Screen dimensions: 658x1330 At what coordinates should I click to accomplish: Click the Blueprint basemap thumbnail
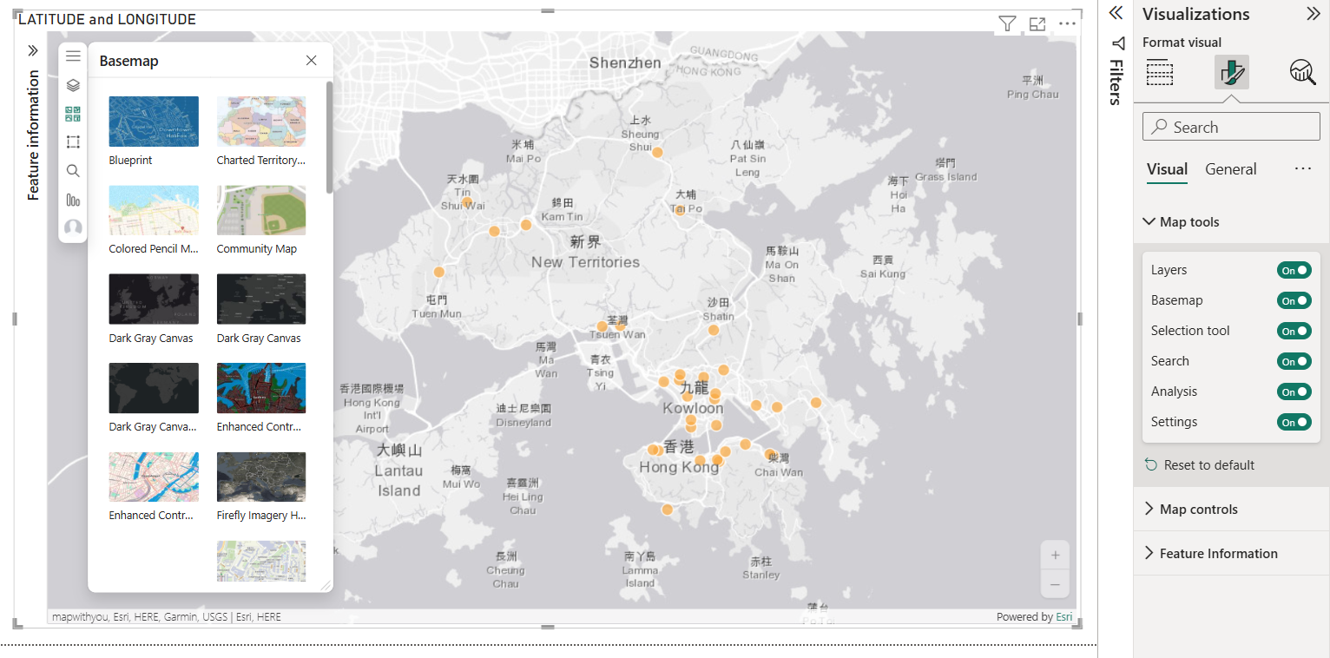[154, 122]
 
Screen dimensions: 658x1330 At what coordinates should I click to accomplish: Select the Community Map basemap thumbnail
[261, 210]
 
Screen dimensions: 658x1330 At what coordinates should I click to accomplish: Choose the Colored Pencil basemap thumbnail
[154, 210]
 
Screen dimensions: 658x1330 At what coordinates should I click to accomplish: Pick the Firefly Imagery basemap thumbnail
[261, 477]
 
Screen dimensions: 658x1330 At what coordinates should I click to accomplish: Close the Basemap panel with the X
[312, 61]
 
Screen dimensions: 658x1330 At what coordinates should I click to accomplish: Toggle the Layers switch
[1294, 270]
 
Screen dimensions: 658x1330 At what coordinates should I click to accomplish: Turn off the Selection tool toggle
[1294, 331]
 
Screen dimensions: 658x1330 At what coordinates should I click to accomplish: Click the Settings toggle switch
[1294, 422]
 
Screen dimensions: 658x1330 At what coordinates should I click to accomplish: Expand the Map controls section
[1198, 510]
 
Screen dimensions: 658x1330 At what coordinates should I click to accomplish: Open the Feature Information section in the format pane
[1218, 554]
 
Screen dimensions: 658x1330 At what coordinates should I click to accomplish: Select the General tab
[1230, 169]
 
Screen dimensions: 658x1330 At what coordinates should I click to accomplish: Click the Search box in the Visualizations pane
[1231, 127]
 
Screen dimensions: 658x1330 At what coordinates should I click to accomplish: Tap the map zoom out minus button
[1056, 585]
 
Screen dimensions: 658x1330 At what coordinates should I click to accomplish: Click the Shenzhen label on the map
[625, 63]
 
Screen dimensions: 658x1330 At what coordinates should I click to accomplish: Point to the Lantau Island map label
[398, 470]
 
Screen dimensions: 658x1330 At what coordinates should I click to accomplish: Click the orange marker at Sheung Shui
[658, 153]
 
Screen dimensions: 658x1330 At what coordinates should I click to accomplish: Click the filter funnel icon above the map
[1007, 24]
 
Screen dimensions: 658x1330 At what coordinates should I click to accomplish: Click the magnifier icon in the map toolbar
[73, 171]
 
